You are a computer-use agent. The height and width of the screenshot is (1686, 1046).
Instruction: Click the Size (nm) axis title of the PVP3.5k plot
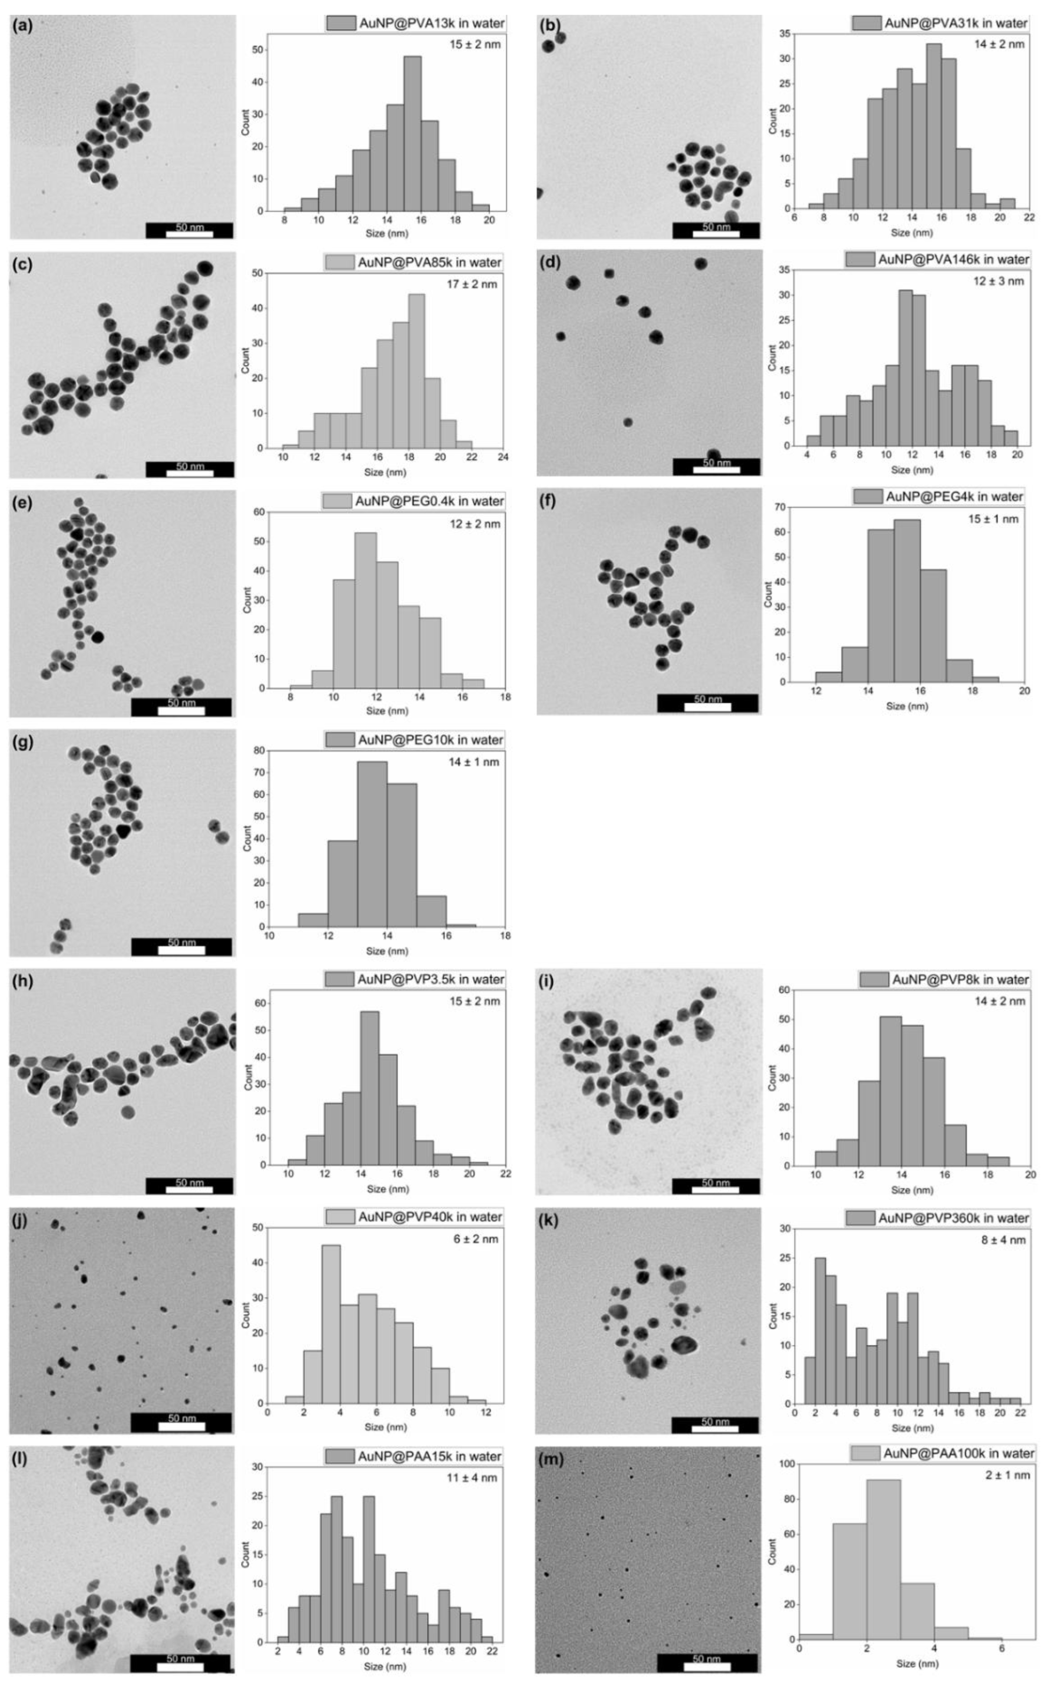pyautogui.click(x=387, y=1189)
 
